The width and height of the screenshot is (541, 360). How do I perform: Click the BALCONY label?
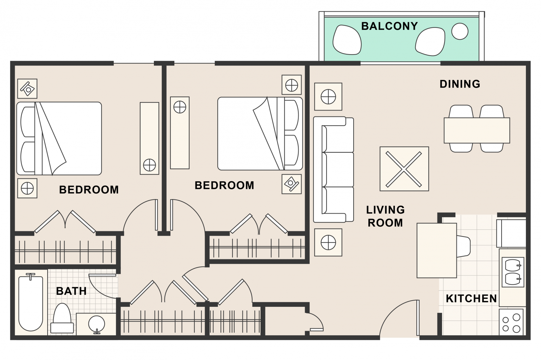(389, 26)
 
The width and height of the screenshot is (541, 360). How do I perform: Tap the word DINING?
(460, 84)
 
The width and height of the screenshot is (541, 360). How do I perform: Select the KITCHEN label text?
(471, 298)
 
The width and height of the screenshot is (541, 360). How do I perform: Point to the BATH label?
(71, 291)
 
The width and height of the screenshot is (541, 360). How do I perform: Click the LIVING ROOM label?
(385, 216)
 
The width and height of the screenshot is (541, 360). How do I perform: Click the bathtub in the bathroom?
(31, 303)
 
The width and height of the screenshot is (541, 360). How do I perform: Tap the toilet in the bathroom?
(62, 318)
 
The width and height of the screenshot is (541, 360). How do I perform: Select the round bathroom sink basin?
(97, 324)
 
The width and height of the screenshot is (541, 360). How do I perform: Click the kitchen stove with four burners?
(511, 322)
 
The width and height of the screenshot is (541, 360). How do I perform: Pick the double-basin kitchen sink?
(513, 272)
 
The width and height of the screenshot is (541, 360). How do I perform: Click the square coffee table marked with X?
(404, 169)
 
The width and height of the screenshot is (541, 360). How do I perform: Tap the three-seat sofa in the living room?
(334, 169)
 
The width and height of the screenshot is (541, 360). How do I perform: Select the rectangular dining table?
(477, 130)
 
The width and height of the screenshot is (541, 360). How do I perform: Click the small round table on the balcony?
(460, 31)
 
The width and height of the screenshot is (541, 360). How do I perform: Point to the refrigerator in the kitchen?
(511, 233)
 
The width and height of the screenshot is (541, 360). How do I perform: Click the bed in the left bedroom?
(59, 139)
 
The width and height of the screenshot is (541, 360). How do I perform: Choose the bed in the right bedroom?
(260, 134)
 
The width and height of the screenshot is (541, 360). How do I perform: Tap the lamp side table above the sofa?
(328, 97)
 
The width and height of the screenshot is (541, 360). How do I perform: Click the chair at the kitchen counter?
(464, 246)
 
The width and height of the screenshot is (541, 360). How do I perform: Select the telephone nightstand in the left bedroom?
(27, 89)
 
